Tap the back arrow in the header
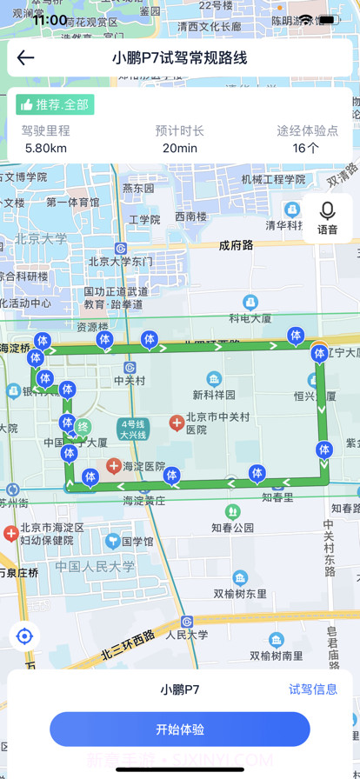pyautogui.click(x=26, y=58)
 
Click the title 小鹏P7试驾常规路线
pyautogui.click(x=180, y=58)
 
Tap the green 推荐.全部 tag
pyautogui.click(x=55, y=104)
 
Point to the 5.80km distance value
pyautogui.click(x=46, y=148)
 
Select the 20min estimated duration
pyautogui.click(x=180, y=148)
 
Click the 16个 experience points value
pyautogui.click(x=306, y=148)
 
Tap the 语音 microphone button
pyautogui.click(x=328, y=218)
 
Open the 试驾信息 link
pyautogui.click(x=313, y=689)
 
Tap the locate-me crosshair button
pyautogui.click(x=24, y=636)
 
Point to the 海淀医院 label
pyautogui.click(x=143, y=467)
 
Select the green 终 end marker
pyautogui.click(x=83, y=427)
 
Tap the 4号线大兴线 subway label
pyautogui.click(x=133, y=429)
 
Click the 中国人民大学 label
pyautogui.click(x=96, y=566)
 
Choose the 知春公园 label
pyautogui.click(x=232, y=527)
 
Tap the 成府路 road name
pyautogui.click(x=236, y=245)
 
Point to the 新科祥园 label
pyautogui.click(x=214, y=394)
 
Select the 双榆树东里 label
pyautogui.click(x=240, y=594)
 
